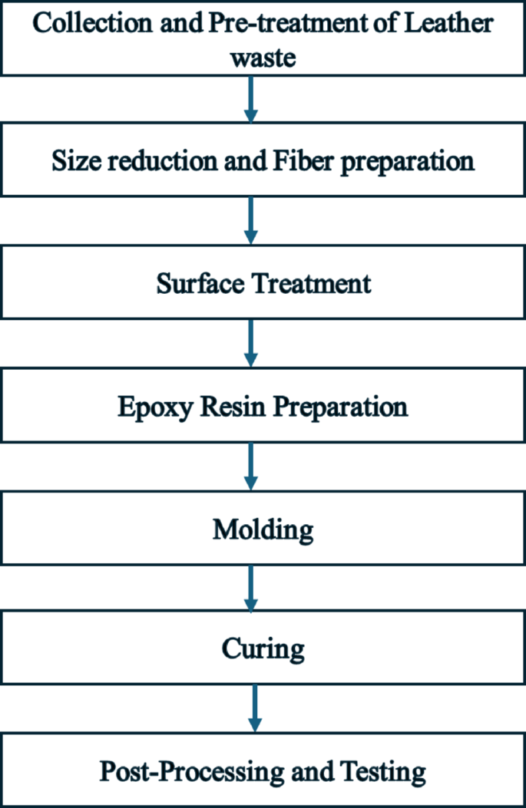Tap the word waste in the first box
[x=263, y=57]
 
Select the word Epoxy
[x=155, y=406]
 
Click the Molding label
[x=263, y=529]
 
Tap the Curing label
[x=263, y=651]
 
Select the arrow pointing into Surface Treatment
[x=250, y=220]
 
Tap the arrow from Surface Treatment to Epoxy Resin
[x=250, y=343]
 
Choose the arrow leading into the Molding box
[x=250, y=466]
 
